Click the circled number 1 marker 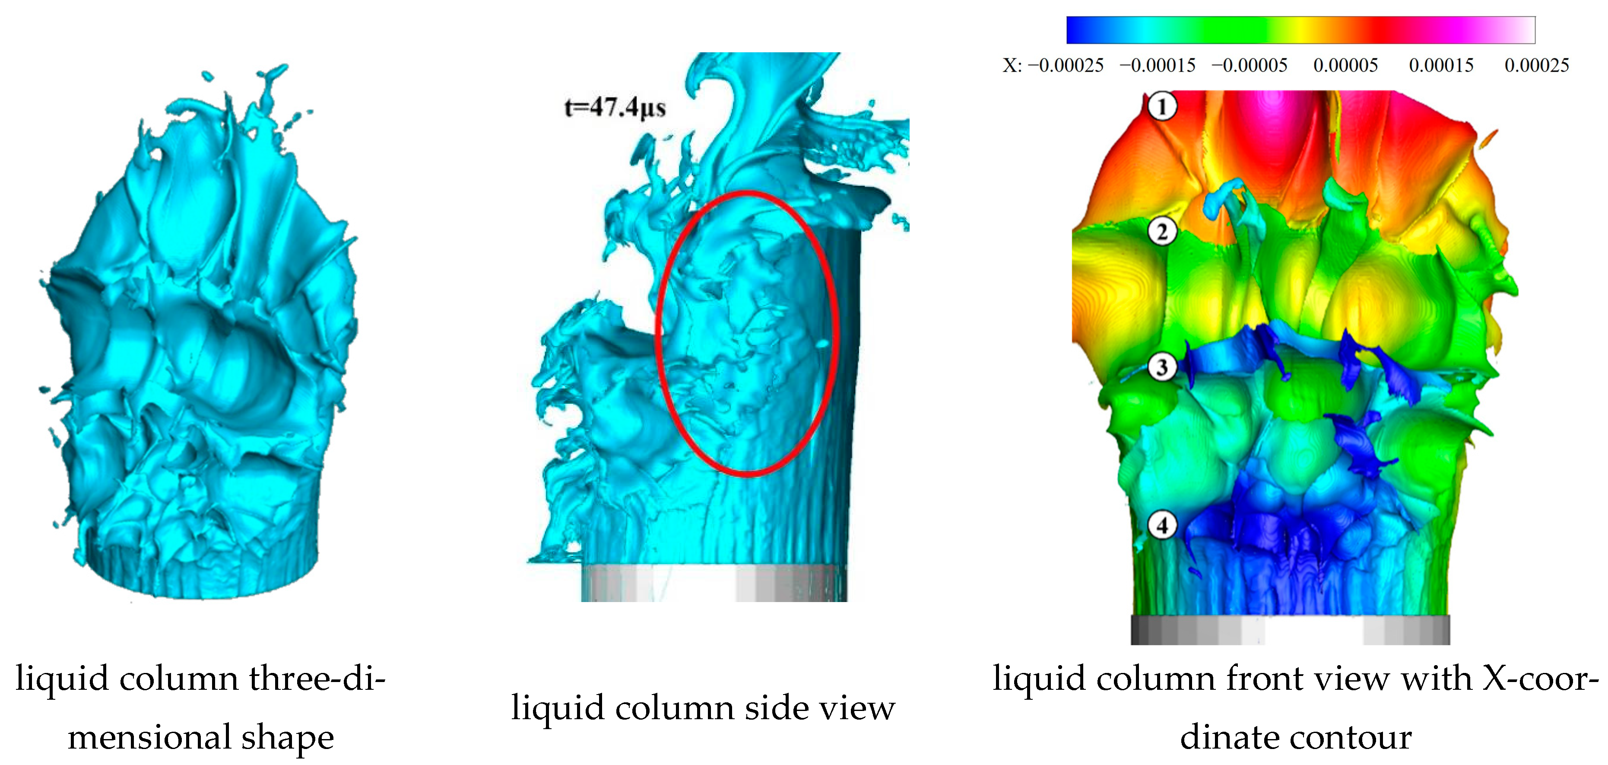click(1162, 106)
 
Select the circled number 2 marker click(1162, 232)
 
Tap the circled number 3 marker click(1162, 367)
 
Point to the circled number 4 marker click(1162, 525)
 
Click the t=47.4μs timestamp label click(615, 108)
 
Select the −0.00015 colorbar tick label click(1158, 65)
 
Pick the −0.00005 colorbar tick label click(1249, 65)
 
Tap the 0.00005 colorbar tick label click(1345, 65)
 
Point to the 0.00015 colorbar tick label click(1441, 65)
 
